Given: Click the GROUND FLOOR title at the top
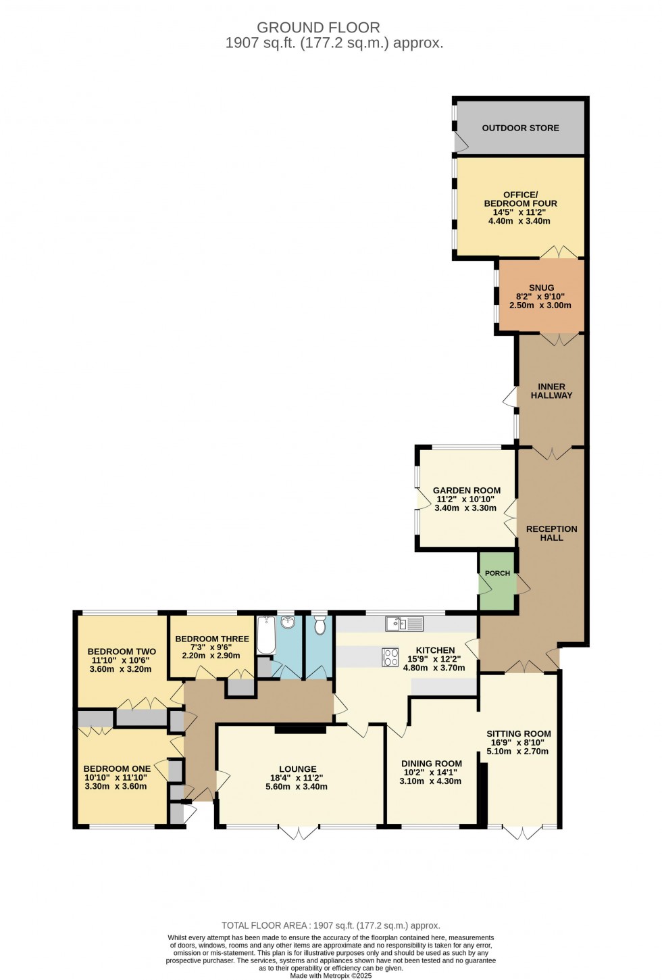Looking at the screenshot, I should point(318,28).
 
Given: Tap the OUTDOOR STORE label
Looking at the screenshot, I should point(520,128).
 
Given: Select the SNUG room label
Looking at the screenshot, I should point(541,287).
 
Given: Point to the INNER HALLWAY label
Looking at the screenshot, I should point(551,391).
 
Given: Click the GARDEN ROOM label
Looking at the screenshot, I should point(467,490).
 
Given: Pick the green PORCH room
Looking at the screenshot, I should point(497,581).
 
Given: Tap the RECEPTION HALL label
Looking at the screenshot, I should point(551,533).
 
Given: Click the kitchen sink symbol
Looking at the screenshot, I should point(404,623).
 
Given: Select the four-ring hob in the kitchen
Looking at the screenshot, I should point(390,657).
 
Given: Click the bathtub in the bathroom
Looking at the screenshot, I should point(266,635).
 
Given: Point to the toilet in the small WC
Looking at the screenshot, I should point(320,624).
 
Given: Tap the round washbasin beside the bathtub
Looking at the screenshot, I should point(288,622).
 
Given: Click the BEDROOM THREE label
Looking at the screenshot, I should point(211,639).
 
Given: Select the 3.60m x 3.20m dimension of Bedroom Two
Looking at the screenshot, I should point(120,669).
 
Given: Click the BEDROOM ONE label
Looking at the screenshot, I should point(117,768).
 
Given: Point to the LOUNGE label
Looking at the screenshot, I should point(297,768).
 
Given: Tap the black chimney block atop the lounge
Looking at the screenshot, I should point(300,729).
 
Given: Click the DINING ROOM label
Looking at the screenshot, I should point(431,763).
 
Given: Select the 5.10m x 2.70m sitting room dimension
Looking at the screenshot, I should point(518,751).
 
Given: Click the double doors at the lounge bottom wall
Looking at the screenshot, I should point(298,831).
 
